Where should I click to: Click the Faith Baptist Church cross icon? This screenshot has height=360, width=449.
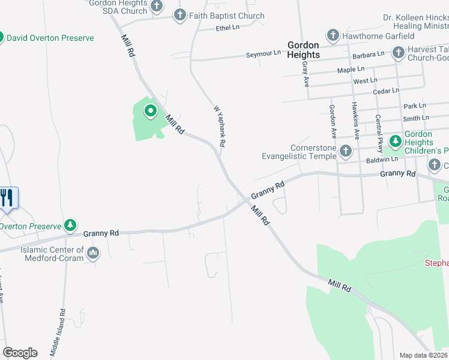pos(180,16)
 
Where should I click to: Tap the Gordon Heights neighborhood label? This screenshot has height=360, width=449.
pos(303,49)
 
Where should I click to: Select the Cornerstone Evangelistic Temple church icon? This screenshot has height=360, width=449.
pos(345,151)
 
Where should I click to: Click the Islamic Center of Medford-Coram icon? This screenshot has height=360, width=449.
pos(93,254)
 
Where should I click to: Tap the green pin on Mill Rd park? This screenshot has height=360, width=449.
pos(150,111)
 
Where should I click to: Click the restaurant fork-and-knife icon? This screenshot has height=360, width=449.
pos(7,197)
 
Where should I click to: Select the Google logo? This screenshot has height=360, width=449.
pos(20,353)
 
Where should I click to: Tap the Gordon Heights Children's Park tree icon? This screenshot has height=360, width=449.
pos(395,142)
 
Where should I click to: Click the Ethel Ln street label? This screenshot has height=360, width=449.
pos(227,28)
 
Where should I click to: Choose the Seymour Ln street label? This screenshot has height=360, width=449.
pos(263,54)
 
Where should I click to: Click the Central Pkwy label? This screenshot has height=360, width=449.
pos(379,132)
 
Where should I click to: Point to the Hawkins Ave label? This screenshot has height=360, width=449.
pos(355,121)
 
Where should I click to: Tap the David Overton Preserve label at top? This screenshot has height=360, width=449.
pos(50,38)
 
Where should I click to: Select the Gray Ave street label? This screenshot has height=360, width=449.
pos(306,73)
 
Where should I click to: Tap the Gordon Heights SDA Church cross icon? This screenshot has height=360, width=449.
pos(157,7)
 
